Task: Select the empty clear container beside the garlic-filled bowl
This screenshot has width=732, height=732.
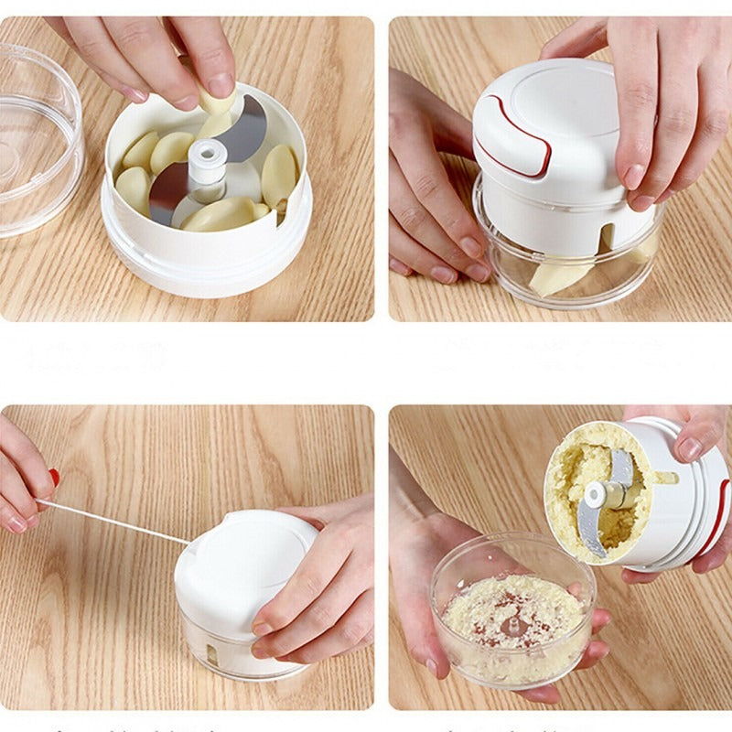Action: point(37,137)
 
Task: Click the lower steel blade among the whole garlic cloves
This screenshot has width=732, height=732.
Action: point(167,192)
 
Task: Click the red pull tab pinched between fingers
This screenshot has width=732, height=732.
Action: point(54,478)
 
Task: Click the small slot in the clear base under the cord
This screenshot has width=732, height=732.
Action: point(212,654)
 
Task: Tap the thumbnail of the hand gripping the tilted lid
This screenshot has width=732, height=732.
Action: point(689,448)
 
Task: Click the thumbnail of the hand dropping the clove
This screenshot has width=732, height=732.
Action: point(220,86)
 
